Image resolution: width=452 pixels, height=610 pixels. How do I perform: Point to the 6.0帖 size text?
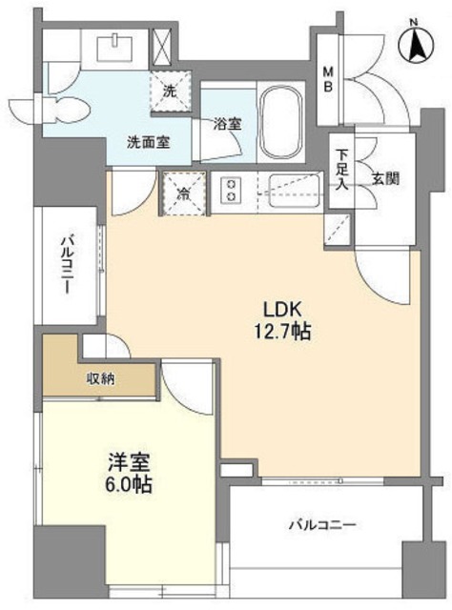[128, 484]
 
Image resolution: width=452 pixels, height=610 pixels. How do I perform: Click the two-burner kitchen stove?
[232, 191]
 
